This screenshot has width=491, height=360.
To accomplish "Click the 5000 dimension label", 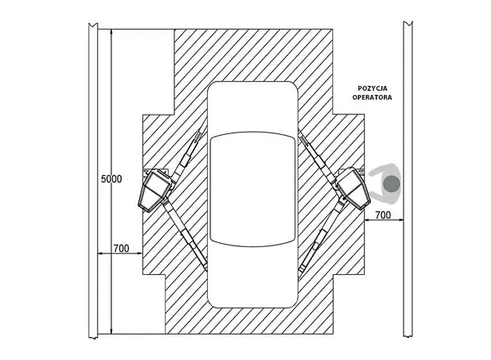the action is (111, 179).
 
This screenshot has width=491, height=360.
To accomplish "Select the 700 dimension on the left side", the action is (121, 248).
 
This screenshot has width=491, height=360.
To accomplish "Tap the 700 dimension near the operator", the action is (383, 215).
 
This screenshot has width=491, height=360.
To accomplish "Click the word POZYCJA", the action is (372, 88).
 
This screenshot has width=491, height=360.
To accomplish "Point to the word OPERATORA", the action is (372, 97).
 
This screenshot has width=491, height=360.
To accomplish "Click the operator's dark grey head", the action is (392, 184).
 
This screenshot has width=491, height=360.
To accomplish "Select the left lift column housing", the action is (155, 191).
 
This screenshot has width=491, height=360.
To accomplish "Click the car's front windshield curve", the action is (252, 135).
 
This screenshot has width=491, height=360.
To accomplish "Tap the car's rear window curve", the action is (252, 243).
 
